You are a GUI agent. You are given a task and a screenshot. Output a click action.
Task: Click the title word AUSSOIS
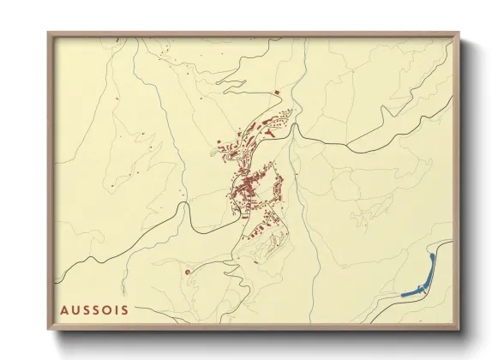click(x=94, y=309)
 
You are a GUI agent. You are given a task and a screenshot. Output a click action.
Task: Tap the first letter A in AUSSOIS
click(x=64, y=309)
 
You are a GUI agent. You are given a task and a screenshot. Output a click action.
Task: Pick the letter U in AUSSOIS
click(x=75, y=309)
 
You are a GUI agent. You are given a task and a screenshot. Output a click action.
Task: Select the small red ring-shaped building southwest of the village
click(x=187, y=272)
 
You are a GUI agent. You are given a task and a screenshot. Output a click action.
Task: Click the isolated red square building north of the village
click(x=276, y=92)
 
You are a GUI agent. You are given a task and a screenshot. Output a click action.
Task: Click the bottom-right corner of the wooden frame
click(x=460, y=329)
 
